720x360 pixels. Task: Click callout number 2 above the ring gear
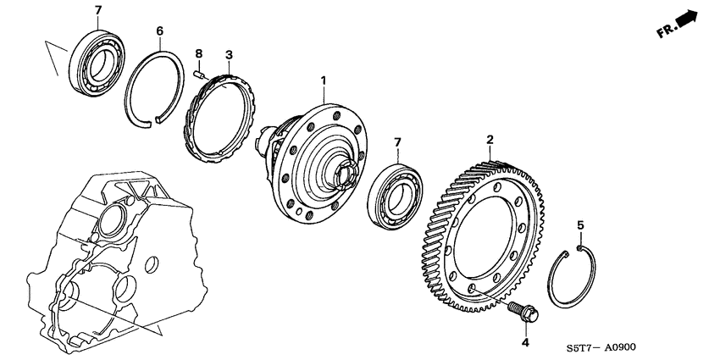click(x=490, y=138)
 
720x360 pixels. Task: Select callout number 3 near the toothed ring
click(x=228, y=55)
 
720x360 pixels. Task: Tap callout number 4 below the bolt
click(x=524, y=342)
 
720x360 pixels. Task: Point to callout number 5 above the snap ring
click(x=580, y=225)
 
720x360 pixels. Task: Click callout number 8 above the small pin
click(x=199, y=54)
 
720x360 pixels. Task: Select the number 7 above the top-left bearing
click(x=98, y=9)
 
